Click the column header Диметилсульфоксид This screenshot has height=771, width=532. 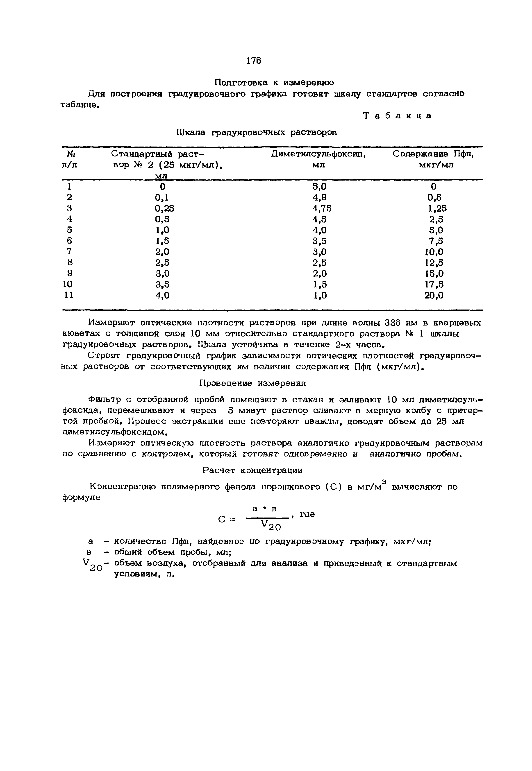(x=318, y=154)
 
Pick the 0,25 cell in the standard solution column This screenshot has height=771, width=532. (x=164, y=208)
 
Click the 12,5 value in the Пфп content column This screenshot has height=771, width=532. (x=434, y=263)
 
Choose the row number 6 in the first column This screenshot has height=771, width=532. (x=69, y=241)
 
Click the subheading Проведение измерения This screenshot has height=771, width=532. (x=252, y=383)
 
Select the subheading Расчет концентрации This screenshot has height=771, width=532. (x=252, y=470)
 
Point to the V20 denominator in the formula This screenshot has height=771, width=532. (x=270, y=526)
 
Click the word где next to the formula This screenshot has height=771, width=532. (x=307, y=514)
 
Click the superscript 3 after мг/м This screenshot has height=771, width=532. (x=384, y=482)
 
